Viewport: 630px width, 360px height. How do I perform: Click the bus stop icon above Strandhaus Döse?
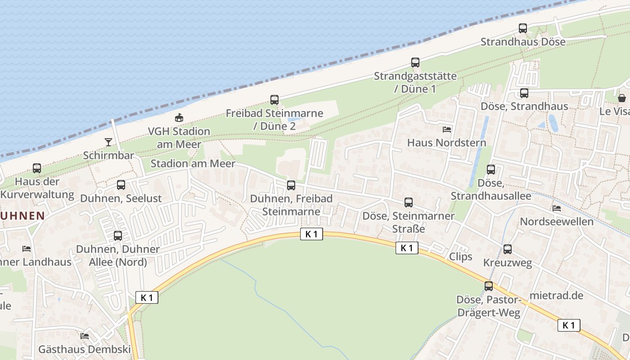[x=522, y=28]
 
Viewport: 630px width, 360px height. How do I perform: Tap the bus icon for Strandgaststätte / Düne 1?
[x=415, y=63]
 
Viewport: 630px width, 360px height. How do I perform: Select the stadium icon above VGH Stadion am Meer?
[x=179, y=118]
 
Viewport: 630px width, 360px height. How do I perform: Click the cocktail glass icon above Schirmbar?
[x=108, y=142]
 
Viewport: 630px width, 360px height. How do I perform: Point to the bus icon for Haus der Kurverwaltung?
[x=37, y=168]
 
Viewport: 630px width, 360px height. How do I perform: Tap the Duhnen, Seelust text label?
[x=121, y=198]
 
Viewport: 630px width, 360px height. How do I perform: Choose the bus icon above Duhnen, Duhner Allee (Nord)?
[x=118, y=235]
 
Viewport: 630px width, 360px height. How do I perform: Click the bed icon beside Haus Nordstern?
[x=447, y=130]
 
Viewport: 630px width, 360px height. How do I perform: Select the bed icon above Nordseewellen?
[x=557, y=208]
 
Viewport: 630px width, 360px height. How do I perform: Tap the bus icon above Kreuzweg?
[x=508, y=249]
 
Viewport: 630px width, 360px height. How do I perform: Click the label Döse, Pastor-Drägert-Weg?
[x=488, y=306]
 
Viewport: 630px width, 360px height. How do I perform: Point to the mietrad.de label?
[x=557, y=296]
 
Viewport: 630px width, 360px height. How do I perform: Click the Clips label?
[x=461, y=256]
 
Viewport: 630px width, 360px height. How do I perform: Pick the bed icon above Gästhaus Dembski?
[x=84, y=336]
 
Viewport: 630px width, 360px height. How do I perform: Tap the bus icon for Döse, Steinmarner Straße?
[x=408, y=202]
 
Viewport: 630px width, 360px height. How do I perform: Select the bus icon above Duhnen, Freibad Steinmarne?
[x=291, y=185]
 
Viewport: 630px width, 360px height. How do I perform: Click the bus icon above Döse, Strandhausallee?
[x=491, y=170]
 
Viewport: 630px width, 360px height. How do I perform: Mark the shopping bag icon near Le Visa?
[x=622, y=98]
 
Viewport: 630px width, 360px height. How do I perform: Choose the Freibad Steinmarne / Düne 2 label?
[x=274, y=119]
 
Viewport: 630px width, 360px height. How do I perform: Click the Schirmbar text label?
[x=108, y=155]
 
